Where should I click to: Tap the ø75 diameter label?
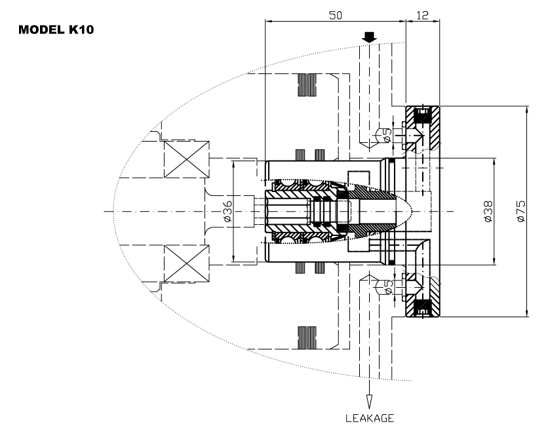tap(520, 212)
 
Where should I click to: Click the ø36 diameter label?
tap(227, 212)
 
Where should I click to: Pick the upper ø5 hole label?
tap(388, 135)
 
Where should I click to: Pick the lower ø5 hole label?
tap(388, 287)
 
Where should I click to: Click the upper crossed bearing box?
tap(186, 159)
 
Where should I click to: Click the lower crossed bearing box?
tap(186, 264)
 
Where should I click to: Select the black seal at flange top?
tap(420, 117)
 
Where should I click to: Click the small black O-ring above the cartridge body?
tap(392, 161)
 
